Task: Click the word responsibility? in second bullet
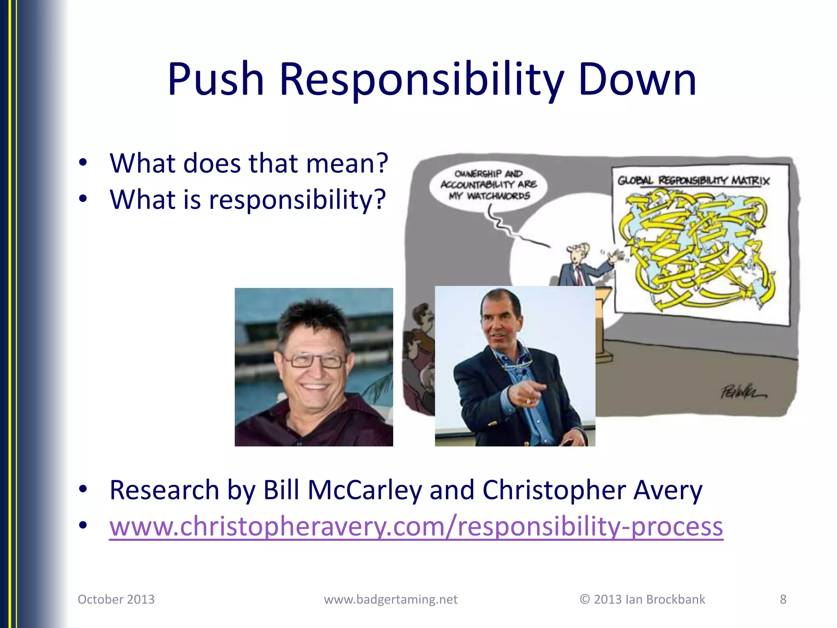[x=297, y=200]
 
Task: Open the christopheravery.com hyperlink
[x=416, y=527]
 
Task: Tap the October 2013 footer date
[x=116, y=599]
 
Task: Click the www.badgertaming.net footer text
[x=390, y=599]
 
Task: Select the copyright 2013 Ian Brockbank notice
[x=642, y=599]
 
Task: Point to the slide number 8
[x=783, y=599]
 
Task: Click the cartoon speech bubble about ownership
[x=488, y=185]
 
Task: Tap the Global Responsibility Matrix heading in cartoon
[x=693, y=181]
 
